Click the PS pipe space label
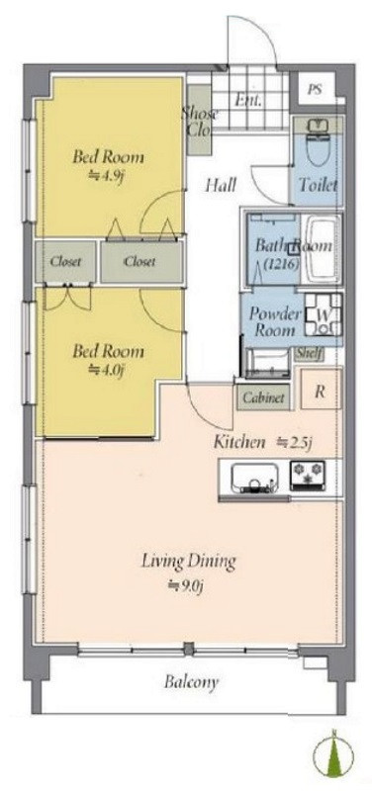(315, 90)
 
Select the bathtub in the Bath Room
(325, 249)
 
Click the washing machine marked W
(323, 315)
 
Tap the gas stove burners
(308, 476)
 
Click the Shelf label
(309, 354)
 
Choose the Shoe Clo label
(200, 122)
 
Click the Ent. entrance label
(248, 101)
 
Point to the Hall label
(220, 186)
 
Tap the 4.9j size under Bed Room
(106, 177)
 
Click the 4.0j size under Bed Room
(106, 369)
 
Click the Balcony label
(191, 682)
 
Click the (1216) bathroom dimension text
(275, 262)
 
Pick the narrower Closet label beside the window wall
(65, 262)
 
